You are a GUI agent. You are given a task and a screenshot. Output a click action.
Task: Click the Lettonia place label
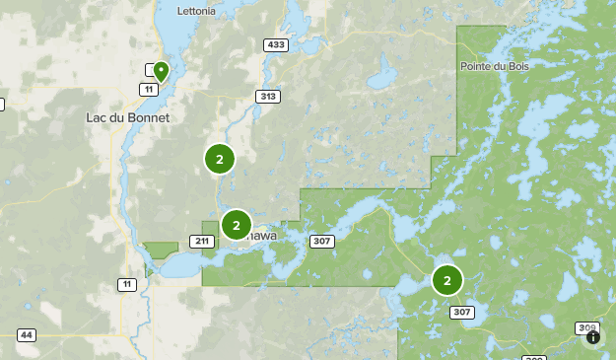pos(196,12)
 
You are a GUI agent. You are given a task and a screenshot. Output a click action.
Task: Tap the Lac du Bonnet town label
pos(128,117)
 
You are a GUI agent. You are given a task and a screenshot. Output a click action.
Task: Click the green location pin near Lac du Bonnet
pos(160,71)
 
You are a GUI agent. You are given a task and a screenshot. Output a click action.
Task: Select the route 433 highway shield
pos(276,44)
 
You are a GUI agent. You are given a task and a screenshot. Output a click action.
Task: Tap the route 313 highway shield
pos(267,96)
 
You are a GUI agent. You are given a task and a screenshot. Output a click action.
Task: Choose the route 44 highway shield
pos(27,335)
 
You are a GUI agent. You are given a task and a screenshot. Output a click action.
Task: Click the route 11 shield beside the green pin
pos(149,89)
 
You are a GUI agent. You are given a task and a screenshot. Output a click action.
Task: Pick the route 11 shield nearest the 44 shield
pos(126,284)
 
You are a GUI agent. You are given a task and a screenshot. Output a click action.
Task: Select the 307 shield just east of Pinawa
pos(322,241)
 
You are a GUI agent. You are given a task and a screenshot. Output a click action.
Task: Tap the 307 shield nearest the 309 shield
pos(461,312)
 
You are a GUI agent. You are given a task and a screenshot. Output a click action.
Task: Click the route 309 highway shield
pos(587,327)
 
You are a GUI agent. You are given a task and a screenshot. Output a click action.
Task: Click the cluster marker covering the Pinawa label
pos(237,225)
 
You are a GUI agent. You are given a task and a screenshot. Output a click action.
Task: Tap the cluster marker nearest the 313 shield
pos(219,158)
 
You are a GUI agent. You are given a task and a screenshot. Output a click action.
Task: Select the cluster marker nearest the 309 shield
pos(447,280)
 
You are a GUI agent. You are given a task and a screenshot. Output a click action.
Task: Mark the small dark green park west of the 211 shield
pos(160,251)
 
